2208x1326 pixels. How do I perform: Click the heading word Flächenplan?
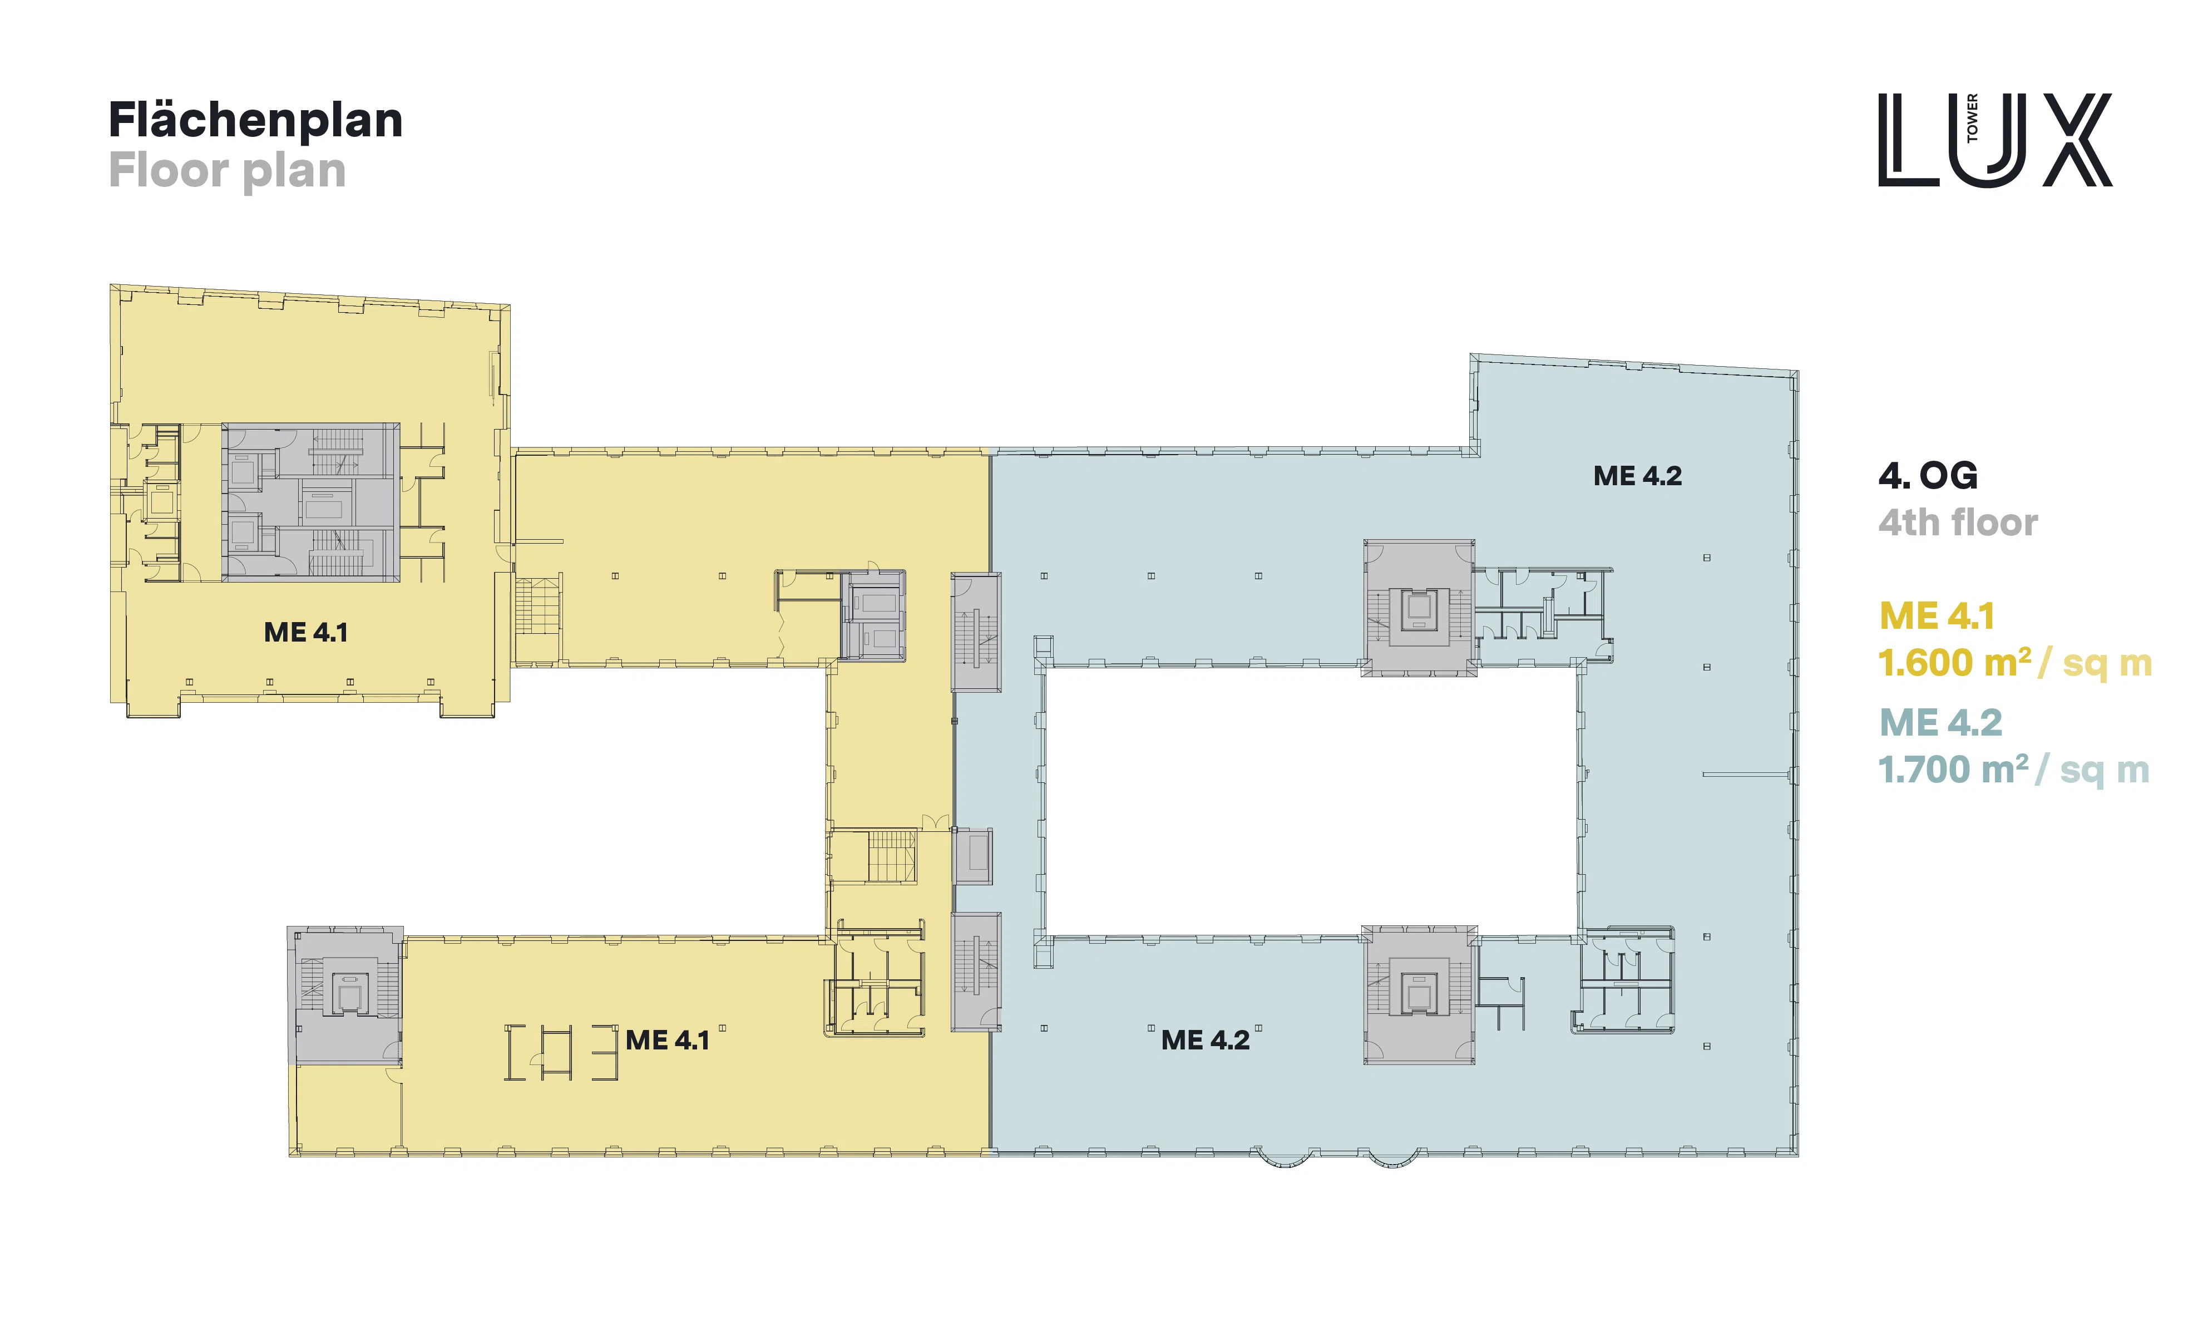click(255, 121)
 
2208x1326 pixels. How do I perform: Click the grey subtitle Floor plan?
click(227, 171)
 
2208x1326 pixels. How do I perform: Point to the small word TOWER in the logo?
click(1972, 118)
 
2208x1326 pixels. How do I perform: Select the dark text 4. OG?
click(1928, 476)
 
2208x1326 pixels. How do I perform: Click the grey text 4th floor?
click(1958, 522)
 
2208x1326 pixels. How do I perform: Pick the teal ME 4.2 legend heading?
click(1940, 723)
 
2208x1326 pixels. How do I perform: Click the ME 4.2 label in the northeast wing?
click(1637, 476)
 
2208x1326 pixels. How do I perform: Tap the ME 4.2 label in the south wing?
click(1205, 1040)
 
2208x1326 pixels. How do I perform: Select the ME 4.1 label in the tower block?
click(305, 633)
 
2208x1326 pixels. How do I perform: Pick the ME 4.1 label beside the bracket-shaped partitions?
click(667, 1040)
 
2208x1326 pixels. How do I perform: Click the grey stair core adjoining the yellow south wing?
click(345, 995)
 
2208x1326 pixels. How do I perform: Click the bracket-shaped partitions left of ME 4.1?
click(561, 1053)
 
